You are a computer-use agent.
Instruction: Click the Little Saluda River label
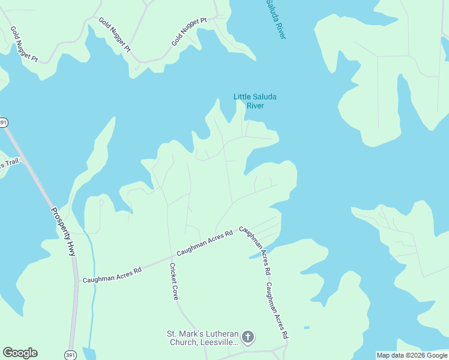pyautogui.click(x=255, y=101)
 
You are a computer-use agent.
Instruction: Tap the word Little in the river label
pyautogui.click(x=242, y=97)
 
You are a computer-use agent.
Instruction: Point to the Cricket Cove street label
pyautogui.click(x=173, y=281)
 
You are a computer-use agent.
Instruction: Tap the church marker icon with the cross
pyautogui.click(x=249, y=338)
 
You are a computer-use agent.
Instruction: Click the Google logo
pyautogui.click(x=20, y=353)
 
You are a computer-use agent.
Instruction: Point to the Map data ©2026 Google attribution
pyautogui.click(x=412, y=355)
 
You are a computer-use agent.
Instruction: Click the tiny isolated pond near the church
pyautogui.click(x=307, y=328)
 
